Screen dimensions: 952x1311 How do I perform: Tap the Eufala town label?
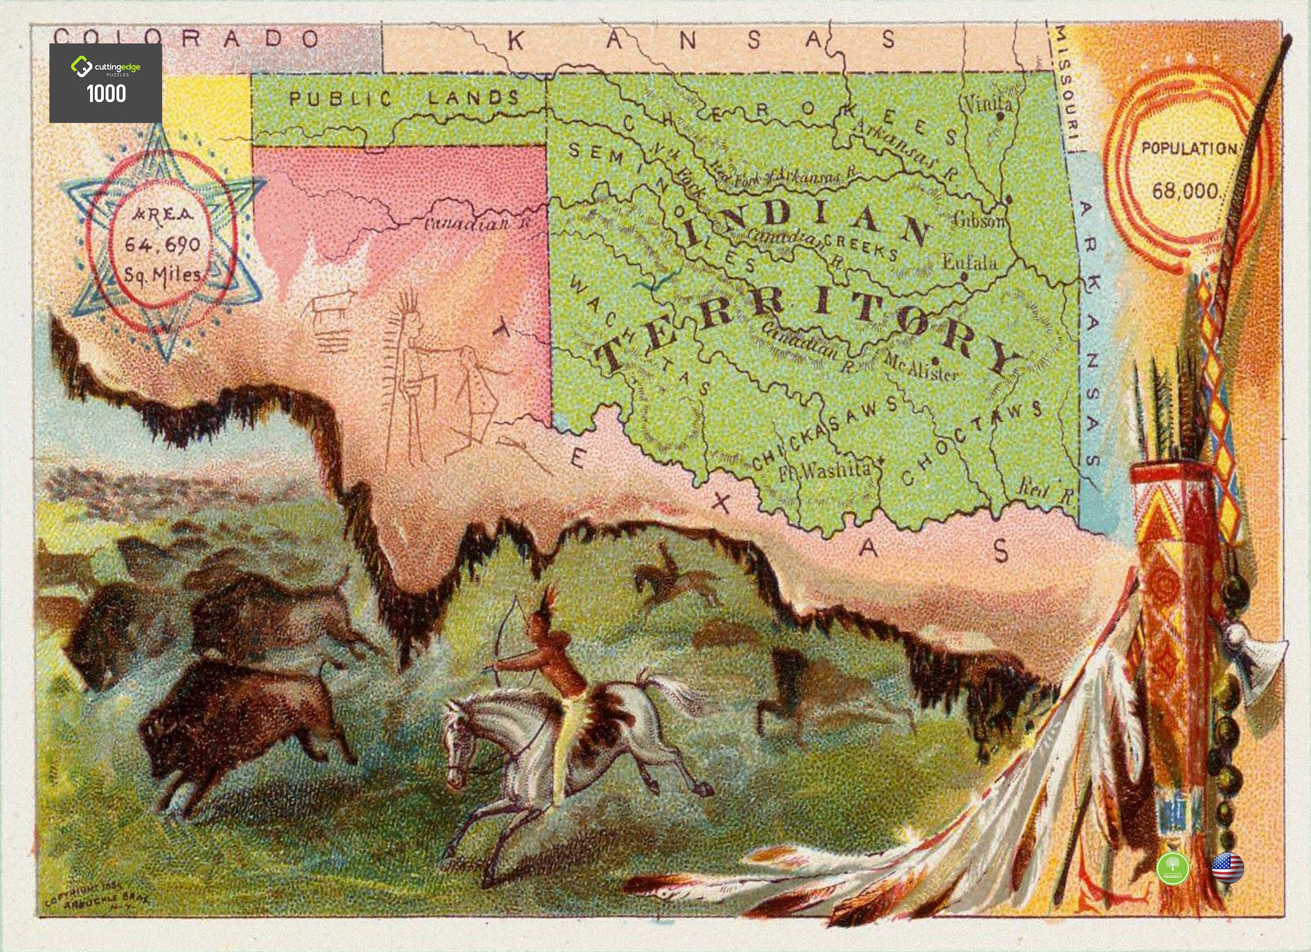[x=970, y=263]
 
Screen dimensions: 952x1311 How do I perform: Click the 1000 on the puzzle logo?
[x=106, y=94]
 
